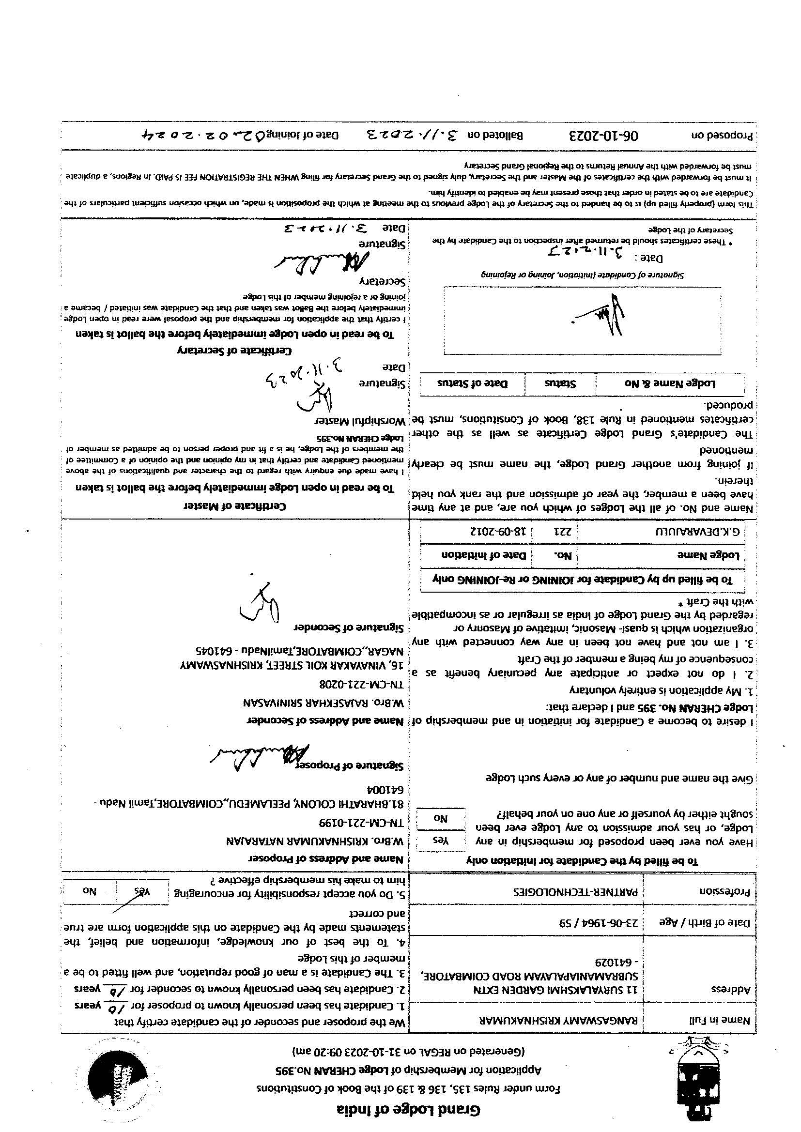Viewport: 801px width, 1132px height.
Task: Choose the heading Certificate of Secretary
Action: (234, 351)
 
